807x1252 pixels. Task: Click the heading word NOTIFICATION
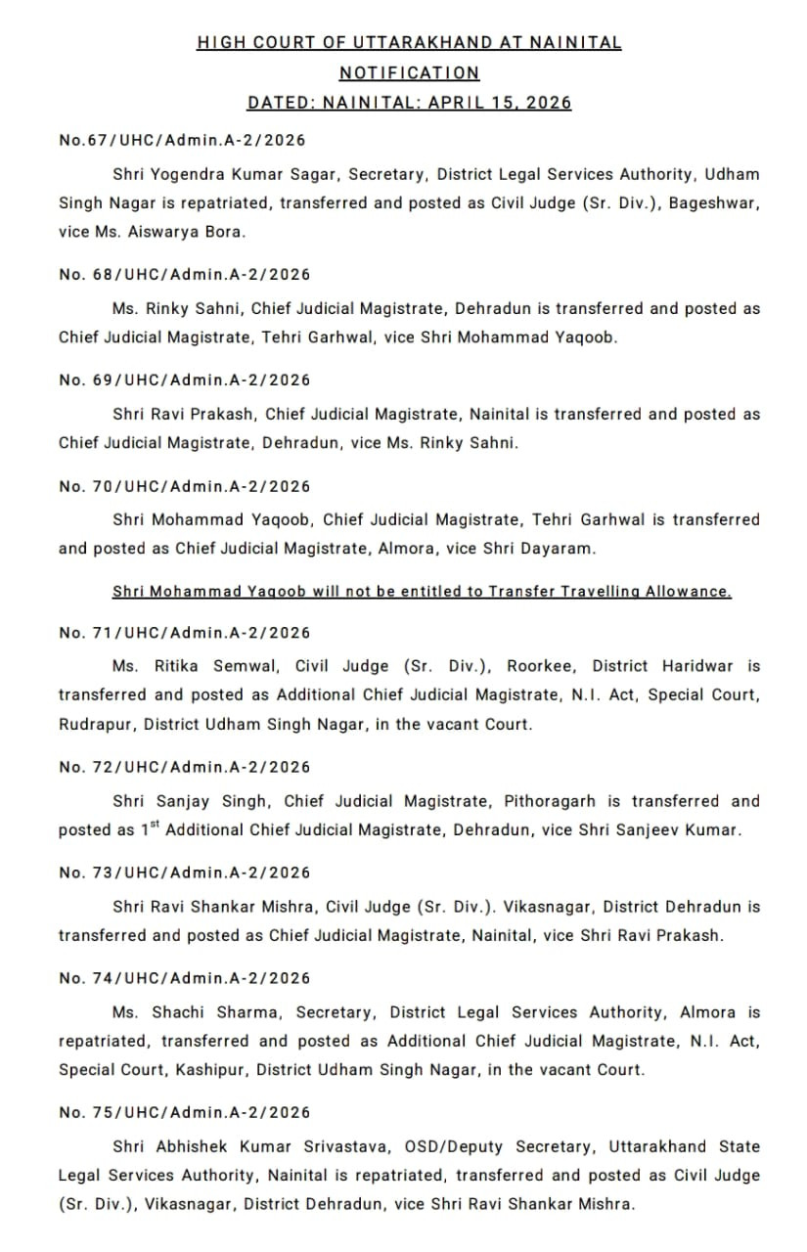coord(409,72)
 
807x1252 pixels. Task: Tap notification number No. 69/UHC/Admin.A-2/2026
coord(184,380)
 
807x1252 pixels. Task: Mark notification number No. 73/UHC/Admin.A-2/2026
coord(184,872)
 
